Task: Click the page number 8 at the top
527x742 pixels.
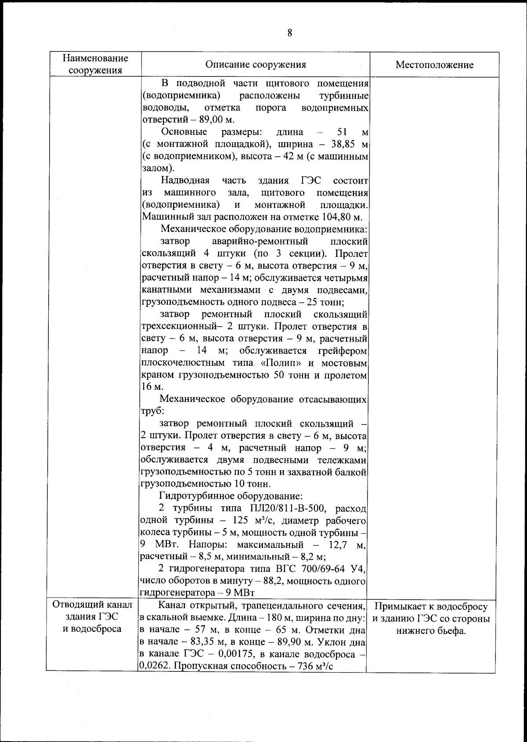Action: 289,33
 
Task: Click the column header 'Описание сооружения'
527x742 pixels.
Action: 256,65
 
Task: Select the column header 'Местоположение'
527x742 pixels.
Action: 434,65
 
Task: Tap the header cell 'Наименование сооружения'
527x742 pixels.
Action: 95,64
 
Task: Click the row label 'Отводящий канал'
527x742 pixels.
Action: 92,605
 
